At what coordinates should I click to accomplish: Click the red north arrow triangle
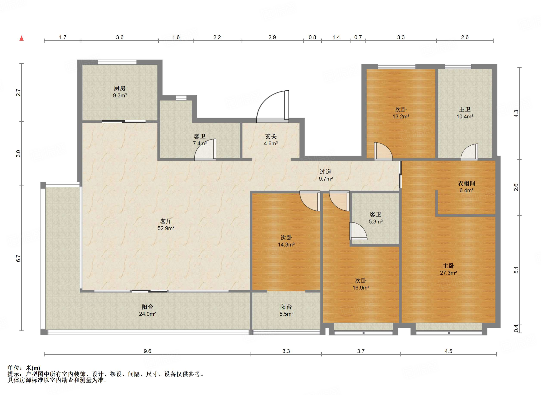(x=22, y=38)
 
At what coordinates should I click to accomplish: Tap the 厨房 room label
(x=120, y=88)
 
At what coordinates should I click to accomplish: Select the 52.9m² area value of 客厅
(x=166, y=228)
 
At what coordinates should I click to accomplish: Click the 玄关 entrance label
(x=271, y=136)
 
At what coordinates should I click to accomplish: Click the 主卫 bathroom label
(x=465, y=109)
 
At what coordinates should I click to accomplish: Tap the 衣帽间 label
(x=467, y=183)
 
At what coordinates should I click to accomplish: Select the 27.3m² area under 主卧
(x=448, y=273)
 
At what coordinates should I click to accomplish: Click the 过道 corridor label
(x=325, y=172)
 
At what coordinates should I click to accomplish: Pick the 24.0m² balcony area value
(x=147, y=314)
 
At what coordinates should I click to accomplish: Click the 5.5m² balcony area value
(x=286, y=314)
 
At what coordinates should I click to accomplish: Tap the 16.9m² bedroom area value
(x=361, y=288)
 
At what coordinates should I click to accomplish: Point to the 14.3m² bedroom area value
(x=286, y=245)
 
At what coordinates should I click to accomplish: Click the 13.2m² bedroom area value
(x=401, y=117)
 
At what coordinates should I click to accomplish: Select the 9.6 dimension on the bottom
(x=147, y=351)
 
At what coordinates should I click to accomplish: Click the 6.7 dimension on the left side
(x=18, y=258)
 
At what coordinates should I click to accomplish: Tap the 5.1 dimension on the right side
(x=516, y=270)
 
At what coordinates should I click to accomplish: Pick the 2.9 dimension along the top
(x=272, y=37)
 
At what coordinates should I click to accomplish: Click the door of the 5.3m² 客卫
(x=358, y=231)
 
